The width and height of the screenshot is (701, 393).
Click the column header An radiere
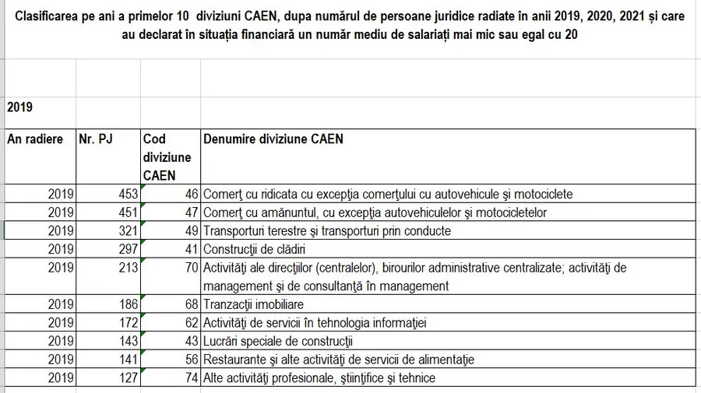[x=35, y=139]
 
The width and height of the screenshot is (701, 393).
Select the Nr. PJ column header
[x=96, y=139]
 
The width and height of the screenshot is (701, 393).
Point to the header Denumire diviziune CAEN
[x=273, y=139]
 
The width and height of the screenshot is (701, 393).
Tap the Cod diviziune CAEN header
[x=167, y=157]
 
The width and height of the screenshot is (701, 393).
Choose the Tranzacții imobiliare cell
[x=253, y=304]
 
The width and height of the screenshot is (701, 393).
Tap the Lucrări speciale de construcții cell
[x=278, y=342]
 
